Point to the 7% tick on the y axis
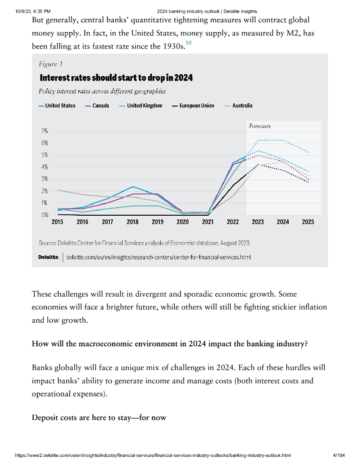45,131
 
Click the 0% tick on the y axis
45,215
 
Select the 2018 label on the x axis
132,223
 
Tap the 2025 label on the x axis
307,223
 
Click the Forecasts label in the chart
260,126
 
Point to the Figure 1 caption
51,65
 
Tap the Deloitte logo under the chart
49,258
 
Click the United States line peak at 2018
132,187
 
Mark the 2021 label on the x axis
208,223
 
